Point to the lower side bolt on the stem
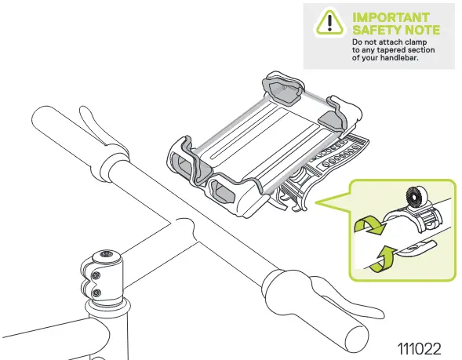pos(96,293)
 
